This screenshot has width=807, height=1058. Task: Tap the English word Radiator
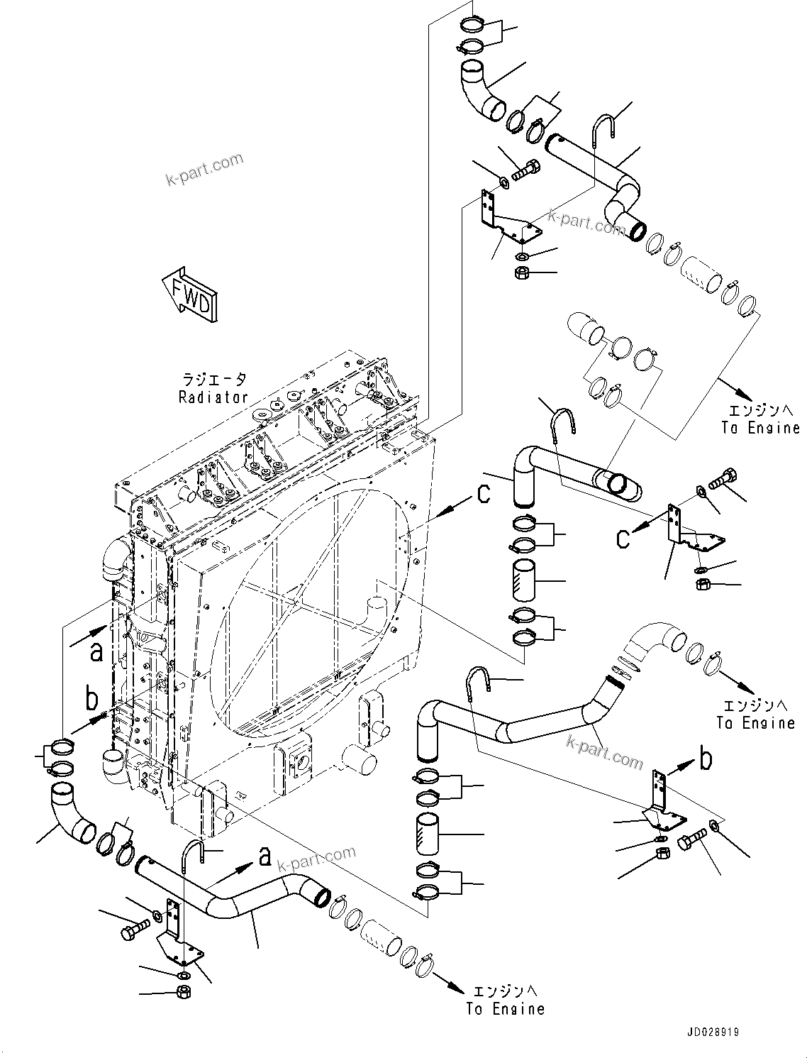click(213, 397)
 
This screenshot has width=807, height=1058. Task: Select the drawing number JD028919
click(712, 1032)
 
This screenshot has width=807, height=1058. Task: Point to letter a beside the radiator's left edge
click(96, 650)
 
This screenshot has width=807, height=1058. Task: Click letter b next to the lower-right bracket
click(706, 759)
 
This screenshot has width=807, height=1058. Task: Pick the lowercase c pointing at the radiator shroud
click(484, 492)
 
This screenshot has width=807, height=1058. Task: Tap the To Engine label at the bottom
click(505, 1008)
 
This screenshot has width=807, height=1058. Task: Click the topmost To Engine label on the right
click(760, 427)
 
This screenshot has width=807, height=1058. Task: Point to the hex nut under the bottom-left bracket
click(182, 991)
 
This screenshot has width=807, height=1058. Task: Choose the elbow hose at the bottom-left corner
click(72, 813)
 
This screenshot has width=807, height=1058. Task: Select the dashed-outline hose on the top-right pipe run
click(699, 275)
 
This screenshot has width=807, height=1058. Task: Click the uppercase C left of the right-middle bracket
click(623, 538)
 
